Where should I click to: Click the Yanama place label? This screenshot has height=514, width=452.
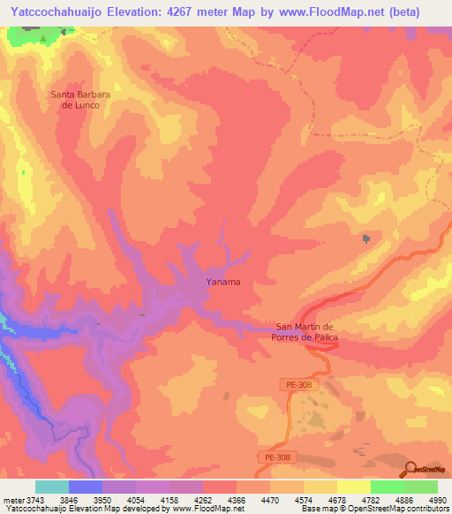point(223,283)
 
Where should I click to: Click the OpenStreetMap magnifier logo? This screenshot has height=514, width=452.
point(411,470)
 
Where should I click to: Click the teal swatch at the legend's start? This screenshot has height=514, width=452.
point(52,487)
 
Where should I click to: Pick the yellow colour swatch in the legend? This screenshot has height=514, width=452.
point(354,487)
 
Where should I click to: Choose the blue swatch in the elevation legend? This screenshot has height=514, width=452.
point(86,487)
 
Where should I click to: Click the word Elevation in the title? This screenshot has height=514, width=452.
point(149,11)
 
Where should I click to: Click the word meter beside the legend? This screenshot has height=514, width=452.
point(12,498)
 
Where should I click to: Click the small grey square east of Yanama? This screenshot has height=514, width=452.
point(365,239)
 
